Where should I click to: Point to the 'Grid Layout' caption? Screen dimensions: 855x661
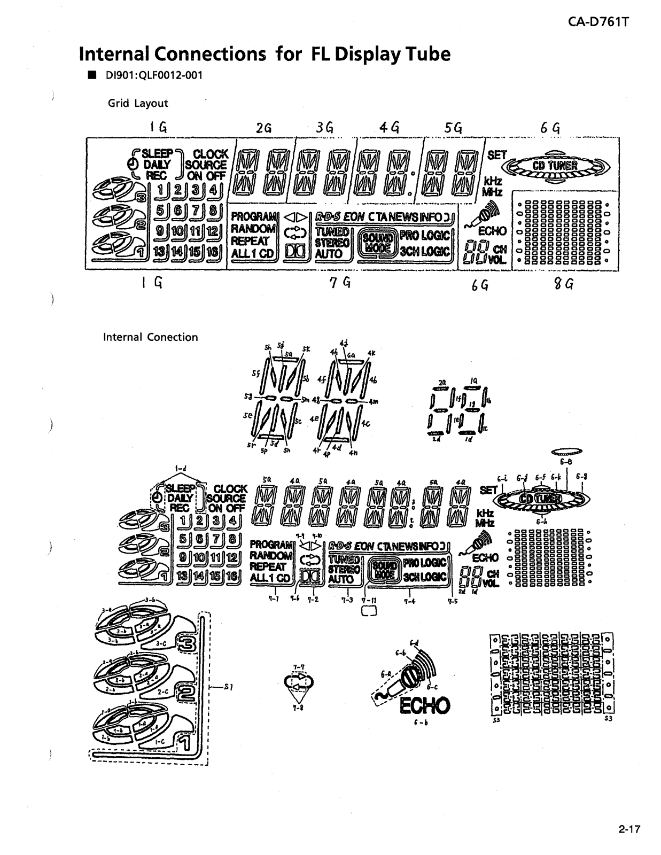click(138, 104)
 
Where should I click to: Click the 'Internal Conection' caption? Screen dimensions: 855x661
click(150, 337)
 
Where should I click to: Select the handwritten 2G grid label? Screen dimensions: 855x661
click(263, 128)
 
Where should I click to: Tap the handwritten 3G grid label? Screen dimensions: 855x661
click(324, 128)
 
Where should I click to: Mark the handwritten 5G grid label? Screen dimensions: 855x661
click(453, 128)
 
